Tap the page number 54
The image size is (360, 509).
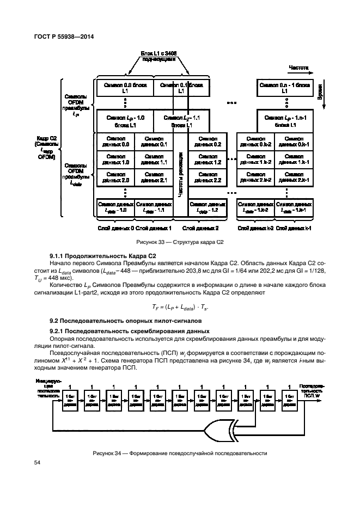click(x=38, y=463)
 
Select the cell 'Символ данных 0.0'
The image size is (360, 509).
click(x=115, y=142)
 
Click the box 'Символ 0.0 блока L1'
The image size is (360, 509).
click(x=125, y=88)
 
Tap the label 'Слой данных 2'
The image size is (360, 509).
click(x=200, y=228)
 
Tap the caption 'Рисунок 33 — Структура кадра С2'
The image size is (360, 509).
click(x=180, y=242)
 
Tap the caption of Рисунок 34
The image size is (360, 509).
click(x=180, y=453)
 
